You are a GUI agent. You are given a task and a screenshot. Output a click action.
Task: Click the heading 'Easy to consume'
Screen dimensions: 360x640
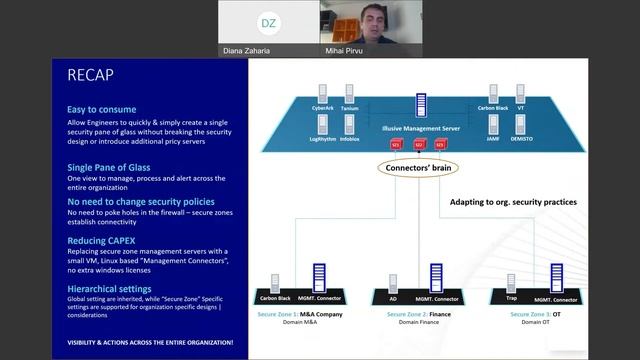click(x=101, y=109)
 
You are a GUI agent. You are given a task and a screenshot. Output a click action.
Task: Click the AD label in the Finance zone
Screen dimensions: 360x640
click(x=393, y=298)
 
